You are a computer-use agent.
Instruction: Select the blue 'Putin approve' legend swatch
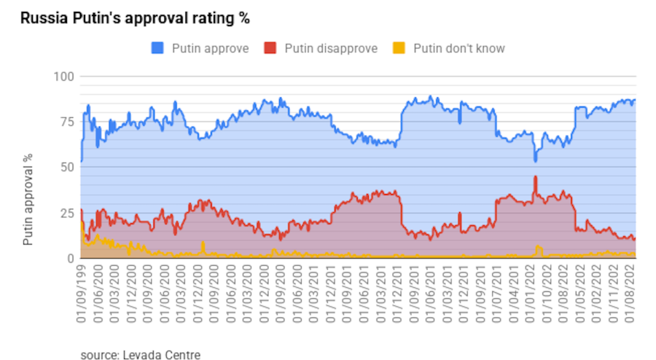coord(157,48)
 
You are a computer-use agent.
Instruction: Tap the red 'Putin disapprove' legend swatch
coord(270,48)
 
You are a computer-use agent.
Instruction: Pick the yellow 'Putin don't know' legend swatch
coord(398,48)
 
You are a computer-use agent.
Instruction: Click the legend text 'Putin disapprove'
coord(331,48)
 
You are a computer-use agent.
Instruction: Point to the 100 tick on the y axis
coord(65,77)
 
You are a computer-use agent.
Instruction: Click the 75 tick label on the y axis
coord(67,122)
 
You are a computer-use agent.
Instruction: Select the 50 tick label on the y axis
coord(67,167)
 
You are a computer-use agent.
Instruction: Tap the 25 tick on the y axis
coord(67,213)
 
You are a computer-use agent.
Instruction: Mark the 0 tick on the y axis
coord(71,258)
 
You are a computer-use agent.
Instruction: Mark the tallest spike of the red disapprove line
coord(536,177)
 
